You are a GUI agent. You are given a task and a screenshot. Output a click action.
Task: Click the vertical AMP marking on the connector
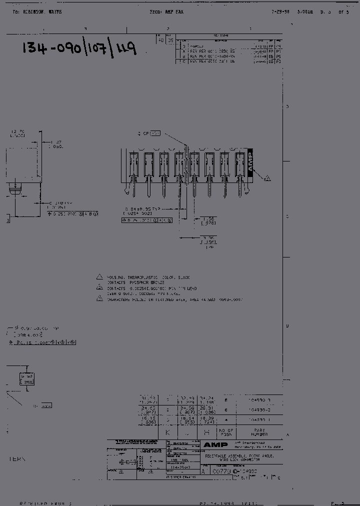coord(250,162)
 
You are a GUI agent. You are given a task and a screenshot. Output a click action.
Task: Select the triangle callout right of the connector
coord(267,178)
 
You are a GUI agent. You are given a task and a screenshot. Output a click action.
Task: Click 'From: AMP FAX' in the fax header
coord(167,11)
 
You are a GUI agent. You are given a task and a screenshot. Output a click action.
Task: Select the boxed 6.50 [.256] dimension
coord(26,378)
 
